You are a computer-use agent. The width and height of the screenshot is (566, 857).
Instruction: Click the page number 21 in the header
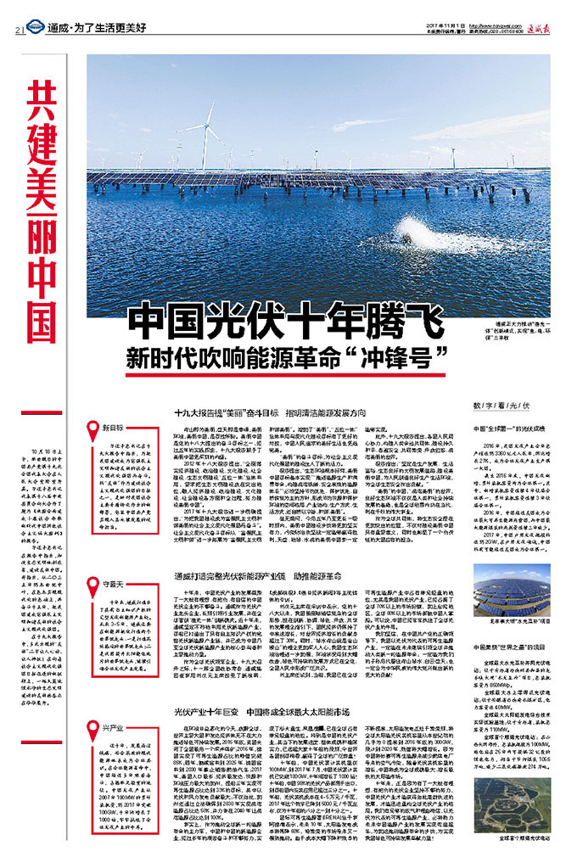(x=19, y=29)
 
